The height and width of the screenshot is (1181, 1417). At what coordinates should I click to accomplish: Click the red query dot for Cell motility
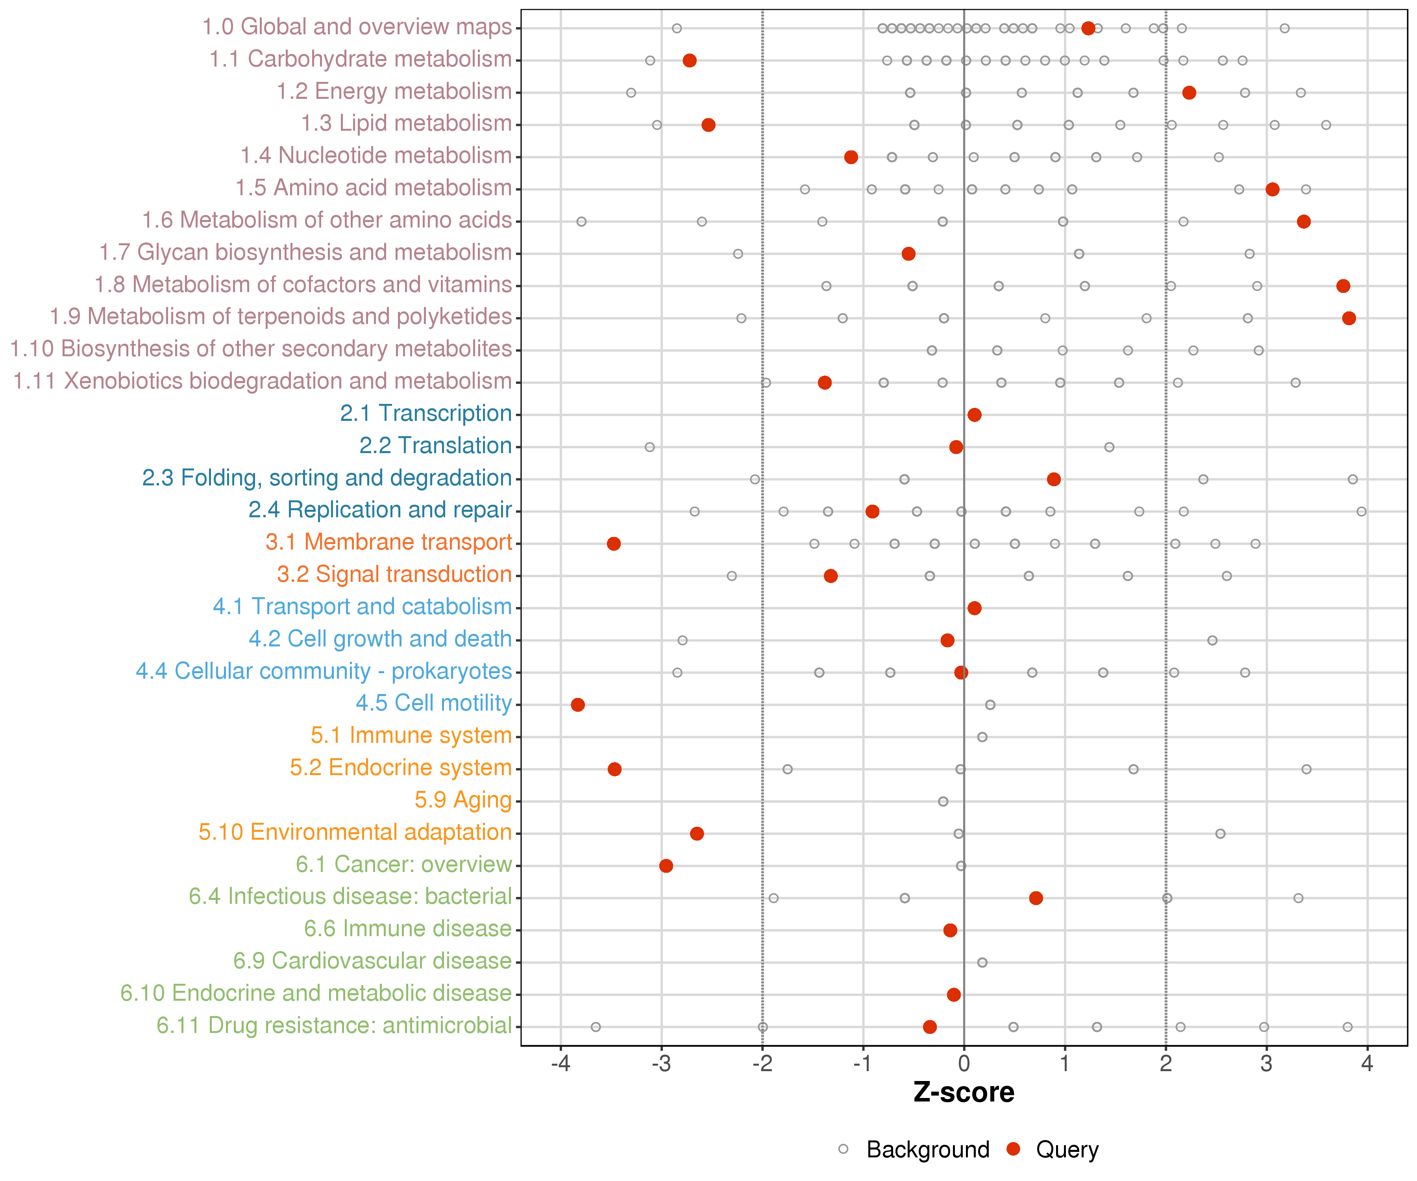pos(577,705)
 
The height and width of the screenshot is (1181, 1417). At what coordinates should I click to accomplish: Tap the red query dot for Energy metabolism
pos(1189,93)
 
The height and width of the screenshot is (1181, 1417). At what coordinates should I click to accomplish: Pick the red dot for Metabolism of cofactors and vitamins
pos(1343,286)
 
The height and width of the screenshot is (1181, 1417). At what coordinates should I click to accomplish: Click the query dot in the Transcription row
pos(974,415)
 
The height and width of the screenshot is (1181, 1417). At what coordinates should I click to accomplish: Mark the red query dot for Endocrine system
pos(614,769)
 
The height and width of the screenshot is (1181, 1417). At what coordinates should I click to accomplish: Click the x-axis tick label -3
pos(661,1064)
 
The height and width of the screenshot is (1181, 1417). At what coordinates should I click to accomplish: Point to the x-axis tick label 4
pos(1367,1064)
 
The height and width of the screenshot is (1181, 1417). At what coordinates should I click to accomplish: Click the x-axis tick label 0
pos(964,1064)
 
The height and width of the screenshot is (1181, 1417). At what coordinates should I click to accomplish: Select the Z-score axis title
pos(964,1092)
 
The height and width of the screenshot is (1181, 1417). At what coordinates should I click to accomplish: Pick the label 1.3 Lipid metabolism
pos(406,124)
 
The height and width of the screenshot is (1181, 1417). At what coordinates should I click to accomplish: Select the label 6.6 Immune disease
pos(407,929)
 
